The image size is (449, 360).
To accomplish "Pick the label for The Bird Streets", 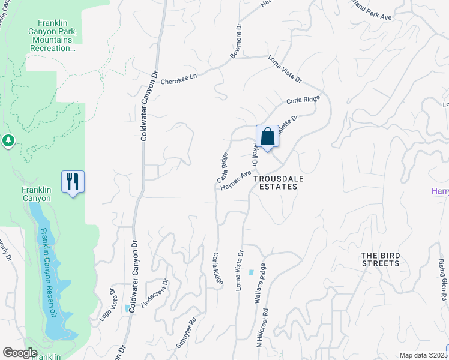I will coord(380,259).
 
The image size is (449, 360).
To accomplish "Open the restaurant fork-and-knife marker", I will coord(73,181).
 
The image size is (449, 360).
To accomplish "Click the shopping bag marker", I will coord(267,136).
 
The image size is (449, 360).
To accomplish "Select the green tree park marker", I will coord(8,141).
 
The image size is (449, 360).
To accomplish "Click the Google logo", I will coord(20,353).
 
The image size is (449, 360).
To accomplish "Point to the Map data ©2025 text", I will coord(423,355).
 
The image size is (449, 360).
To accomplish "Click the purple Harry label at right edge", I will coord(440,191).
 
